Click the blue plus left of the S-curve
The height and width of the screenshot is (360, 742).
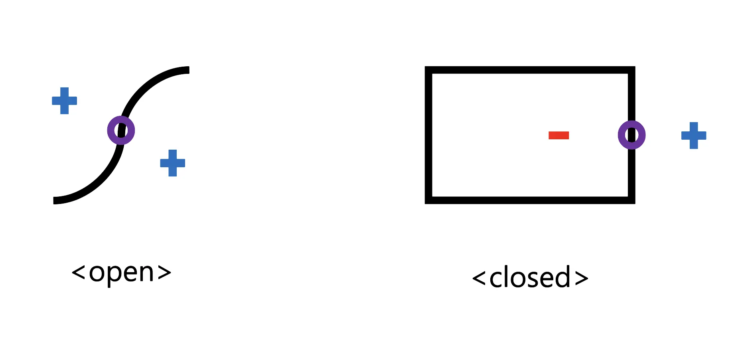point(64,101)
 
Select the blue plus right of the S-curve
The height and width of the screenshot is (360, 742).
point(172,163)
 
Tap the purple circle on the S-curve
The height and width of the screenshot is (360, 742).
point(121,131)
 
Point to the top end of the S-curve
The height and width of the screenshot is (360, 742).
point(187,70)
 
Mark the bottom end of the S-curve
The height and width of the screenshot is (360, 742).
point(55,200)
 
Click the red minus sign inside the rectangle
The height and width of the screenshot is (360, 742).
point(558,135)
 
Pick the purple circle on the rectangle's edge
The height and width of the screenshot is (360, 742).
point(631,135)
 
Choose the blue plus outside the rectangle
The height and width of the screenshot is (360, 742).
point(694,136)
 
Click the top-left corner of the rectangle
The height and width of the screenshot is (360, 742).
point(428,70)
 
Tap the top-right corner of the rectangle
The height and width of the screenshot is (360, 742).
point(631,70)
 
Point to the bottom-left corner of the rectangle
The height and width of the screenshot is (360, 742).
point(428,200)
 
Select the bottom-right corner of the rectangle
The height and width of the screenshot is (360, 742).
point(631,200)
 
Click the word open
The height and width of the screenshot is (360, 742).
point(121,273)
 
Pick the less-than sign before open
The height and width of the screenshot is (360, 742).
point(78,273)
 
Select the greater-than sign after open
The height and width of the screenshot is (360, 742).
point(164,273)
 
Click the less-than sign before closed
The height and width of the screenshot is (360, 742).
point(479,278)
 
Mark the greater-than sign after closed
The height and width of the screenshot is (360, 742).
point(582,278)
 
